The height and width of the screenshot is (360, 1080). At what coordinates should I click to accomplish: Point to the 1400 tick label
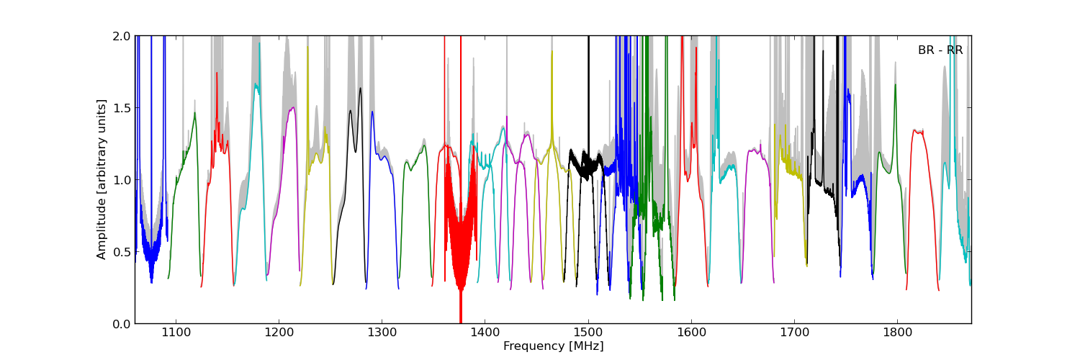coord(485,333)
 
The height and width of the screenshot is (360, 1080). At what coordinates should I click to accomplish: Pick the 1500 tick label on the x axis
coord(588,333)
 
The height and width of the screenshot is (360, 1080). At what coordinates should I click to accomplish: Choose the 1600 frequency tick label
coord(691,333)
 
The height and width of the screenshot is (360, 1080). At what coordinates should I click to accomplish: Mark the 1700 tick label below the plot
coord(794,333)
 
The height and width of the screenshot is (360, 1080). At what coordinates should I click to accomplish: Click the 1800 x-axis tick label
coord(897,333)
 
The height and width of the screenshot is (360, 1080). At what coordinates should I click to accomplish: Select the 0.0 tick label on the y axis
coord(121,324)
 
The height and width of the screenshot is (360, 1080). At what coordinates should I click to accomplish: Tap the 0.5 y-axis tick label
coord(121,252)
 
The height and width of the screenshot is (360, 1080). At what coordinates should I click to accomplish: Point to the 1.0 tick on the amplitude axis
coord(121,180)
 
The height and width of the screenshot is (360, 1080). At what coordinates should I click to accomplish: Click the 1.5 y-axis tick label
coord(121,108)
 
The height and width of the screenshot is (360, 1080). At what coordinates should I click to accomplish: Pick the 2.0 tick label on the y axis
coord(121,36)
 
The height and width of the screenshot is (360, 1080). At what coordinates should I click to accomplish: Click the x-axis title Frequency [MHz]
coord(553,346)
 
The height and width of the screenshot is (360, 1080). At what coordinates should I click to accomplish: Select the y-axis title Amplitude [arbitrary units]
coord(102,179)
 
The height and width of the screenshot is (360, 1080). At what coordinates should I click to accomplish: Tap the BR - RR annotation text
coord(940,50)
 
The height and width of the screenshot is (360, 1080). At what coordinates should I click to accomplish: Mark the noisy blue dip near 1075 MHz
coord(150,252)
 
